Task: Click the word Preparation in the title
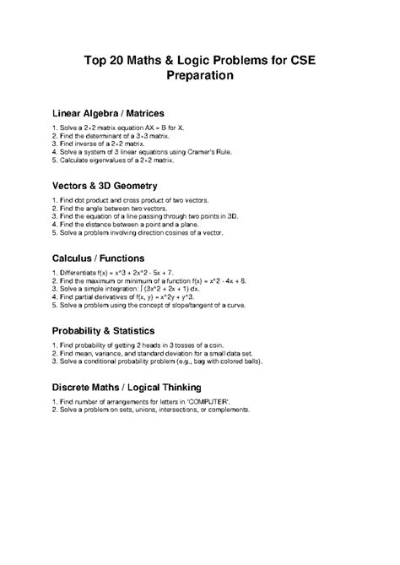click(x=199, y=75)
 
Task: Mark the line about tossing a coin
click(x=143, y=346)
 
